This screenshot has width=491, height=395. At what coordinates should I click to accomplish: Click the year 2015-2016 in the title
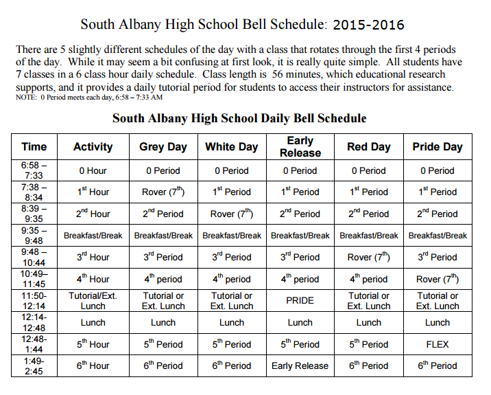pos(368,25)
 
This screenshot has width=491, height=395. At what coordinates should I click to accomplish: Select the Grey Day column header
pos(163,147)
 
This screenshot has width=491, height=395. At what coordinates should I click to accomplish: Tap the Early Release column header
pos(300,146)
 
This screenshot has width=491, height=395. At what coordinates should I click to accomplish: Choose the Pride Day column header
pos(438,147)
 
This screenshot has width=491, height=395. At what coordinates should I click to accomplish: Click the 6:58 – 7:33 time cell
pos(34,170)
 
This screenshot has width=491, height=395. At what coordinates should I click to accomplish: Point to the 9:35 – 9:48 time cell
pos(34,235)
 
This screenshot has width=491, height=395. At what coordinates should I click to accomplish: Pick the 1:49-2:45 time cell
pos(34,365)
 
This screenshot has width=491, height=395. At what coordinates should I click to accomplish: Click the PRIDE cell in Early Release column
pos(300,300)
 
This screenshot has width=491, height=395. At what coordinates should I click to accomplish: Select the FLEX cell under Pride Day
pos(438,344)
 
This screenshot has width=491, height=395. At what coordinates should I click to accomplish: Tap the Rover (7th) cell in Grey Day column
pos(163,192)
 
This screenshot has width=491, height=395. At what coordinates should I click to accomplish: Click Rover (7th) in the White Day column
pos(231,214)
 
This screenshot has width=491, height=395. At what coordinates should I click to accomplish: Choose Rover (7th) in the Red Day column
pos(369,257)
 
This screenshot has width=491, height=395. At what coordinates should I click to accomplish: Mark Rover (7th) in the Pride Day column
pos(438,279)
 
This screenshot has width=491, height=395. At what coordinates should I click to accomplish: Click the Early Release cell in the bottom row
pos(300,365)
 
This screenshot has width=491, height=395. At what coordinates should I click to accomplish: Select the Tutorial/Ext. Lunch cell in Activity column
pos(93,300)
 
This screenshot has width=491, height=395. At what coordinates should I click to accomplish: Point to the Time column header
pos(34,147)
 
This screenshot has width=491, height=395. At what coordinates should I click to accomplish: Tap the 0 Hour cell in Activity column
pos(93,170)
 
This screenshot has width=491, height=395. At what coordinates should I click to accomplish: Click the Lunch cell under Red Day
pos(369,322)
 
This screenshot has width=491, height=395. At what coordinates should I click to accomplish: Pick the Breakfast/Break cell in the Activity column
pos(93,236)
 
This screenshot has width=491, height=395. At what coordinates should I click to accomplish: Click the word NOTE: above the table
pos(26,98)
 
